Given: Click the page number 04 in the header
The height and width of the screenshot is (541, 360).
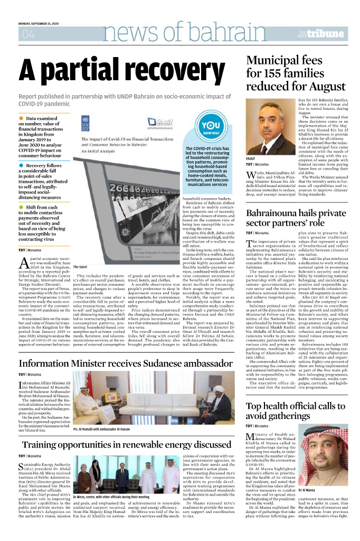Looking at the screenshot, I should pyautogui.click(x=26, y=35).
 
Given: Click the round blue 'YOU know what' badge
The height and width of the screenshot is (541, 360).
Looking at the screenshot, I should pyautogui.click(x=211, y=128).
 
